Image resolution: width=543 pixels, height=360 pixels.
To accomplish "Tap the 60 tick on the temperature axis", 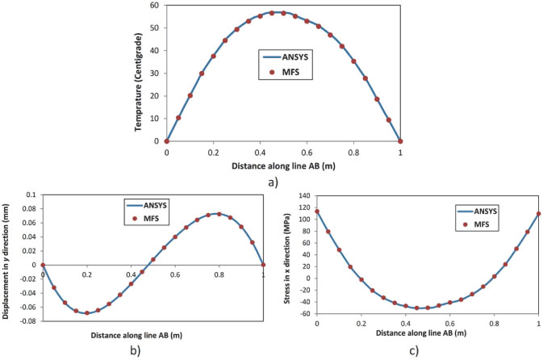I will point(155,6).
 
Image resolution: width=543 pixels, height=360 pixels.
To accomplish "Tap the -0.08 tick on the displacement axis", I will point(28,320).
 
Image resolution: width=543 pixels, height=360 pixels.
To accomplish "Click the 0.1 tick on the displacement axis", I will point(32,195).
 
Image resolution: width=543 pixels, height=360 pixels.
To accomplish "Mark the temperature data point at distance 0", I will point(166,140).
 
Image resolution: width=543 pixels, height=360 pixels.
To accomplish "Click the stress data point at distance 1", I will point(537,214).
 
